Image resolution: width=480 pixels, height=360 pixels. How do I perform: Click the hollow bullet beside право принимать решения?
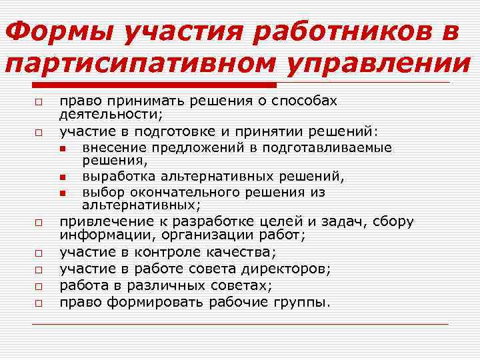pyautogui.click(x=40, y=103)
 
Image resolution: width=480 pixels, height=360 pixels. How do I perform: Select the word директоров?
pyautogui.click(x=293, y=269)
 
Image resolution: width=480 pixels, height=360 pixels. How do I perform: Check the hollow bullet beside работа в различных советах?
pyautogui.click(x=40, y=286)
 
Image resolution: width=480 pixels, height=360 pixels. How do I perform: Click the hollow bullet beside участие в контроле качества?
pyautogui.click(x=40, y=253)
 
